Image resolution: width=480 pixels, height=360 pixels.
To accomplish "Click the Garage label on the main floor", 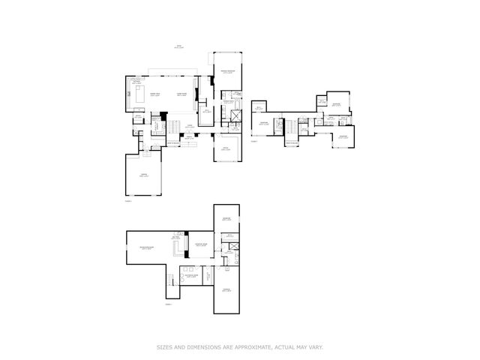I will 144,175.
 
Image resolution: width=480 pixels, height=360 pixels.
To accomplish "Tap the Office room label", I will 226,149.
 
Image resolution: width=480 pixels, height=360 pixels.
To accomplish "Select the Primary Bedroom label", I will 227,72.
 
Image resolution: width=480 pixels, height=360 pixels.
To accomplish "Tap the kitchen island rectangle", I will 139,94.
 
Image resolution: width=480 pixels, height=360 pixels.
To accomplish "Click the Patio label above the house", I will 178,46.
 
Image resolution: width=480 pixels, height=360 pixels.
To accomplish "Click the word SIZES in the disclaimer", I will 164,346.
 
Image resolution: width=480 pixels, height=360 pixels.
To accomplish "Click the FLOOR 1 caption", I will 169,304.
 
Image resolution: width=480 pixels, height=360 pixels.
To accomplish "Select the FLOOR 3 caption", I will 253,141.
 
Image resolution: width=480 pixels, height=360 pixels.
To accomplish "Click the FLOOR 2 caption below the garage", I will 127,201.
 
